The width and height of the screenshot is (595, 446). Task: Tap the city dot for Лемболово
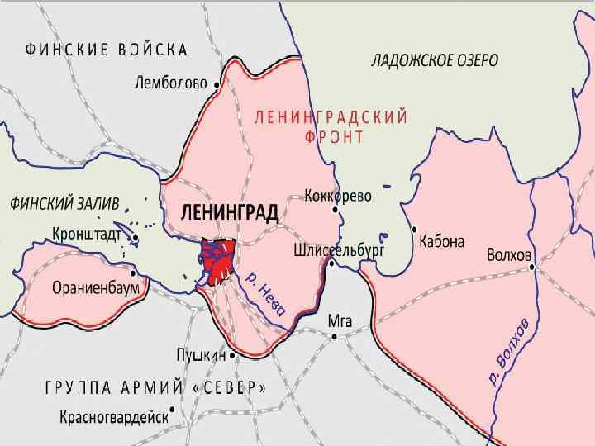[x=217, y=83]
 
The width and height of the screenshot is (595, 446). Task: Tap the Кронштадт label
[x=87, y=235]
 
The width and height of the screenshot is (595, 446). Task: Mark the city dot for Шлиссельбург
[x=331, y=264]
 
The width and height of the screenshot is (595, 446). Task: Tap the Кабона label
[x=442, y=242]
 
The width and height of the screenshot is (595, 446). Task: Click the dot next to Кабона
[x=414, y=230]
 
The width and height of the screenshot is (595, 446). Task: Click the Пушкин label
[x=201, y=355]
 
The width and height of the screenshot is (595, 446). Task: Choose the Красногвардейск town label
[x=113, y=416]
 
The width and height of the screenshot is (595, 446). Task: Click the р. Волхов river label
[x=507, y=353]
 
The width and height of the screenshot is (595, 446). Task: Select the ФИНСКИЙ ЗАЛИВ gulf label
[x=64, y=202]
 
